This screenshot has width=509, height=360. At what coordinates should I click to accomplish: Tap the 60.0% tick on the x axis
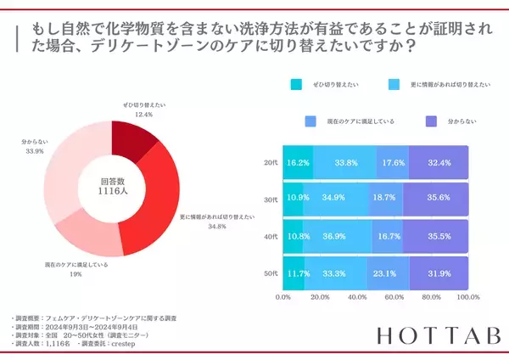pyautogui.click(x=394, y=298)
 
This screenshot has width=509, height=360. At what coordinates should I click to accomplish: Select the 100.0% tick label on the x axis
pyautogui.click(x=467, y=298)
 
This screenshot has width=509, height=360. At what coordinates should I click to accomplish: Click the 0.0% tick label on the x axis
pyautogui.click(x=284, y=298)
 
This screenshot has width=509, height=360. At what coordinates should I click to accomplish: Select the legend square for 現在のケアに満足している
pyautogui.click(x=310, y=121)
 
